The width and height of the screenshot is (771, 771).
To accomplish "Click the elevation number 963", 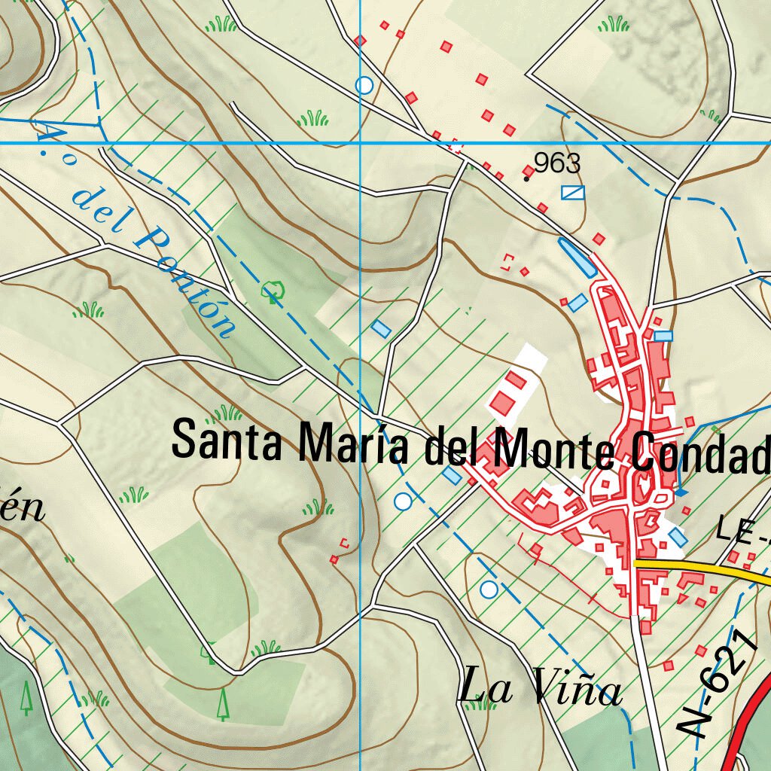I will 558,163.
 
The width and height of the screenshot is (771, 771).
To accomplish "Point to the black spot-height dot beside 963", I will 526,178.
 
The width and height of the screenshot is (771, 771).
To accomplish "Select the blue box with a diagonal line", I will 573,193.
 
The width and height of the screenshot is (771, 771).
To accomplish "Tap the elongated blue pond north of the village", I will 576,258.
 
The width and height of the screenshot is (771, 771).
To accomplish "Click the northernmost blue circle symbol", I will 364,85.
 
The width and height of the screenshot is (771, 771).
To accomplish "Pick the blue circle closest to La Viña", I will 489,589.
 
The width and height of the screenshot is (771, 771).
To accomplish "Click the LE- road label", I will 742,530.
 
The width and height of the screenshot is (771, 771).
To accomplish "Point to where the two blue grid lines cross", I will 361,142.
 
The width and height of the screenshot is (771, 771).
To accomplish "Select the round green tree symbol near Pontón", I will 272,290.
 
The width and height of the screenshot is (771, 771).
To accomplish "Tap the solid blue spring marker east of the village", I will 682,492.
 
